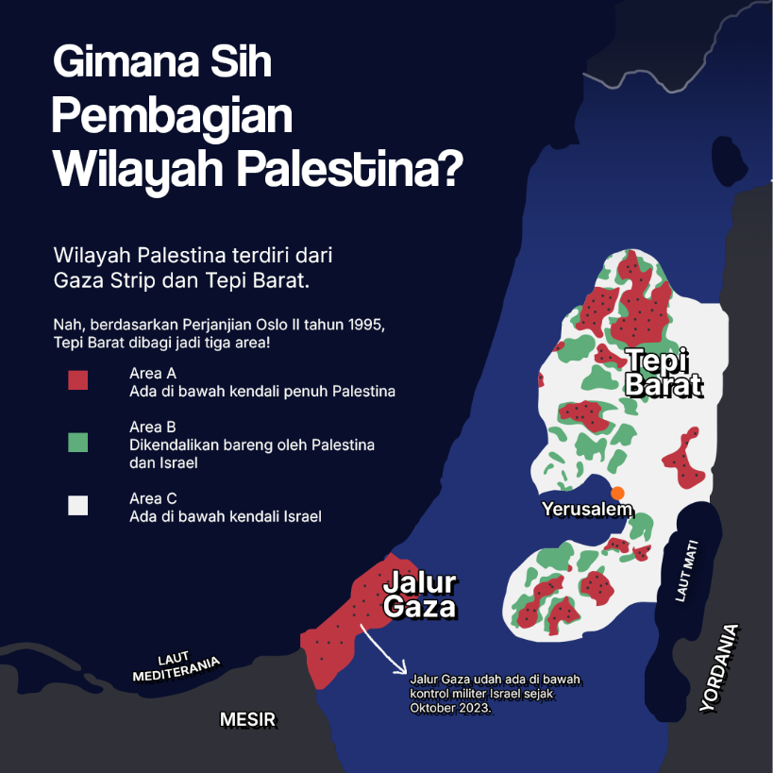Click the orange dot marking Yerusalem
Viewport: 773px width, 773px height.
point(617,493)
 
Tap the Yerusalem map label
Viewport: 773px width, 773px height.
point(586,510)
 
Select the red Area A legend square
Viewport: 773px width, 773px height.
point(77,380)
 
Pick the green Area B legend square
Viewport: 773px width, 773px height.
point(77,442)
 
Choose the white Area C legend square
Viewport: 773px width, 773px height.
point(77,506)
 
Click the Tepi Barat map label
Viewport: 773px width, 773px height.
point(664,373)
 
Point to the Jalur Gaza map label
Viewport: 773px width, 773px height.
point(420,595)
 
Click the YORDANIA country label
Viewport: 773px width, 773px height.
point(720,668)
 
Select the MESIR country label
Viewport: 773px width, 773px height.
point(247,720)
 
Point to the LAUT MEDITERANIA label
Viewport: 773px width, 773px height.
point(176,668)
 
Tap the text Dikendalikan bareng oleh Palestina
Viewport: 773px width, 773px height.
point(252,445)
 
